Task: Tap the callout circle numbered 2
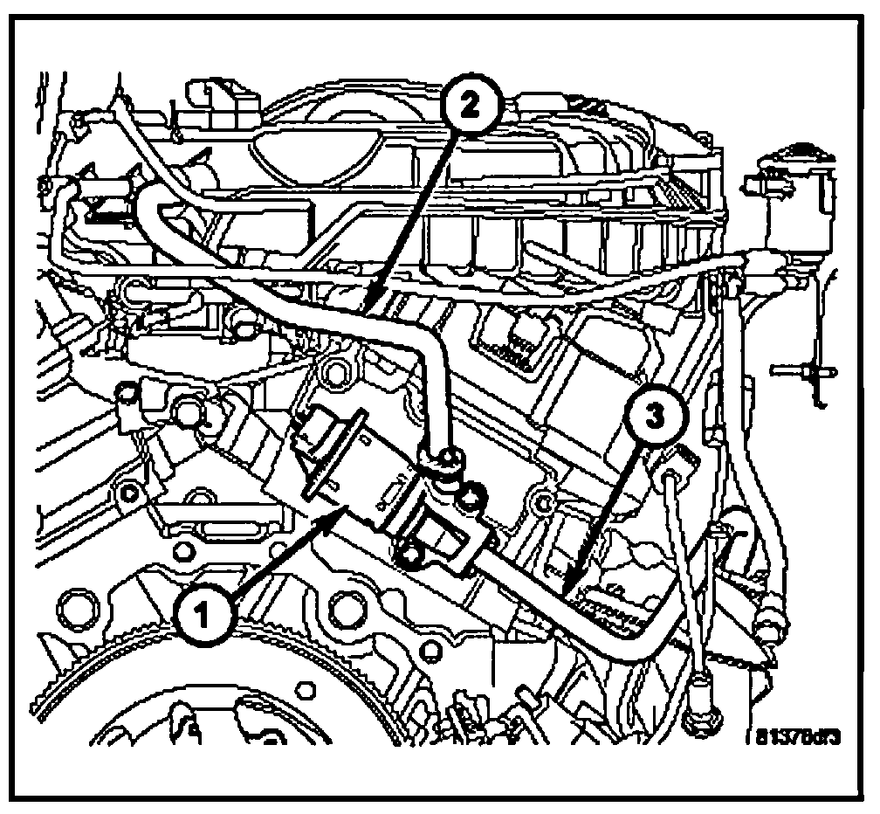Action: (x=469, y=106)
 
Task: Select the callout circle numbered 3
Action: (x=651, y=418)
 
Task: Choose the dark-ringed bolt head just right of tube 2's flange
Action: (x=472, y=500)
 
